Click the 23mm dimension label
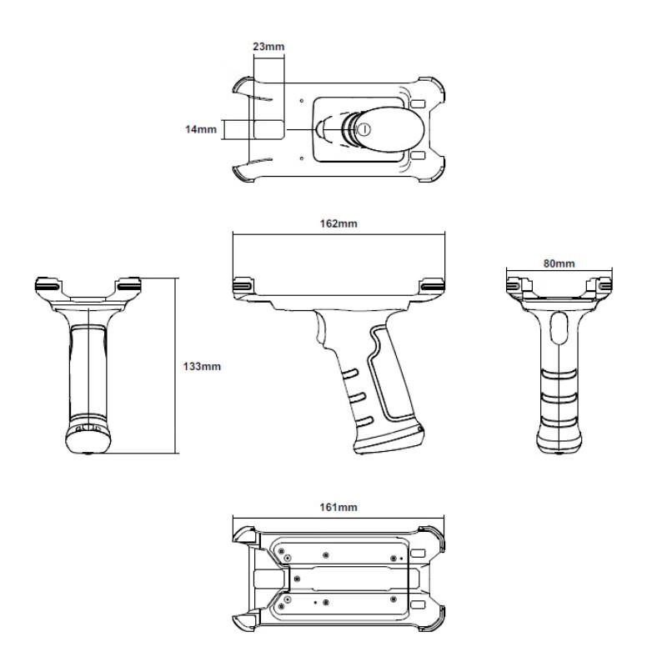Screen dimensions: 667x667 (268, 47)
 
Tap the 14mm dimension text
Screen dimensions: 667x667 (201, 129)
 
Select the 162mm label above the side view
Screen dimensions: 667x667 (338, 223)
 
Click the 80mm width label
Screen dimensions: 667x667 (559, 263)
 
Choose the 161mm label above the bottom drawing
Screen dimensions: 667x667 (338, 507)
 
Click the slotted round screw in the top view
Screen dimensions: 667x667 (363, 129)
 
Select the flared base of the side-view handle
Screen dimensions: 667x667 (388, 442)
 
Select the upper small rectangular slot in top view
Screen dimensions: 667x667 (419, 105)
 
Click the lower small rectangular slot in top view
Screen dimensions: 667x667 (419, 155)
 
